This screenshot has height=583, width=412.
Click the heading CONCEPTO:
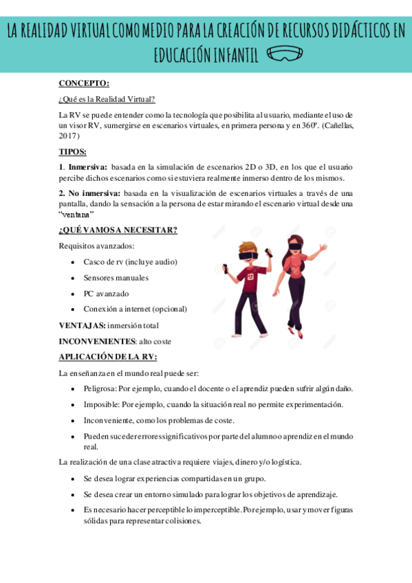84,84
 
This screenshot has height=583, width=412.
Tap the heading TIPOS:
72,151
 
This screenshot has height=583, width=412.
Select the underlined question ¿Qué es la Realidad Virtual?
107,99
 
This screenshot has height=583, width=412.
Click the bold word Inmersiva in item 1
87,166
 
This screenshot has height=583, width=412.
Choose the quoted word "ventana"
76,214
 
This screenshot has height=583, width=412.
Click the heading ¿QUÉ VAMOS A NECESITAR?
118,230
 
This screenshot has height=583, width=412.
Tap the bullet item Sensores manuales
116,278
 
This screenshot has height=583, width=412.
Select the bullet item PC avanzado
106,294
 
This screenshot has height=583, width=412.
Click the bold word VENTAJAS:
82,324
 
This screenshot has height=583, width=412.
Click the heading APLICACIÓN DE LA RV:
108,356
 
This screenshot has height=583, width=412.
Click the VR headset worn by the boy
248,255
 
